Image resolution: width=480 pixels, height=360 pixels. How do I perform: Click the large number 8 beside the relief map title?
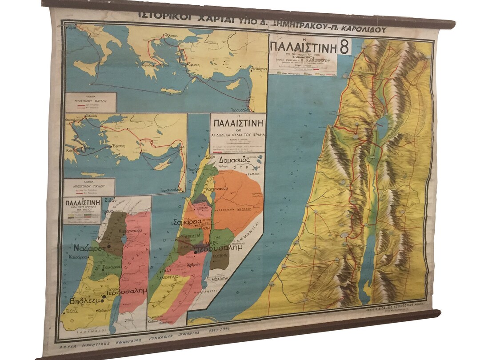tap(343, 46)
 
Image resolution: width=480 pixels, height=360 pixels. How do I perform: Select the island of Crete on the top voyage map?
tap(171, 91)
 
